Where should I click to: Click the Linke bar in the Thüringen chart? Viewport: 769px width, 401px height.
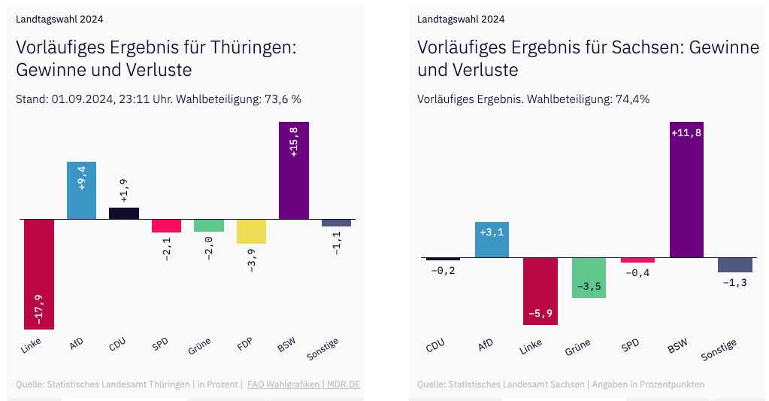click(38, 274)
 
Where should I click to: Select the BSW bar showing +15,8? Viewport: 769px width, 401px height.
click(293, 170)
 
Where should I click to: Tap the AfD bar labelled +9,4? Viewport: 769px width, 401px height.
click(81, 190)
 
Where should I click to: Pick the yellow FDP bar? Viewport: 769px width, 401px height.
click(251, 232)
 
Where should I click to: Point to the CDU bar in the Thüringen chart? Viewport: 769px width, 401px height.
click(124, 214)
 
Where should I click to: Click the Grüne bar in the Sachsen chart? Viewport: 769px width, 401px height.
click(589, 278)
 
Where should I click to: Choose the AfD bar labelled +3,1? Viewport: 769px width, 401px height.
click(492, 240)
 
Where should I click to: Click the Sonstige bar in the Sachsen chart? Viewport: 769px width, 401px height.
click(734, 265)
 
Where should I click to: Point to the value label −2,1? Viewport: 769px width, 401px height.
click(167, 248)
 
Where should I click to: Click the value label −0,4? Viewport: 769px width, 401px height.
click(637, 272)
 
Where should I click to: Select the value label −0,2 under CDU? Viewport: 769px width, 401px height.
click(443, 270)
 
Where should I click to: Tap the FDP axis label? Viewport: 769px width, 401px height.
click(244, 346)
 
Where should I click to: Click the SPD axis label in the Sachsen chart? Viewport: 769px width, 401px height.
click(630, 345)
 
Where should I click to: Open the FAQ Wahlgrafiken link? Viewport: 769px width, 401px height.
click(280, 384)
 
